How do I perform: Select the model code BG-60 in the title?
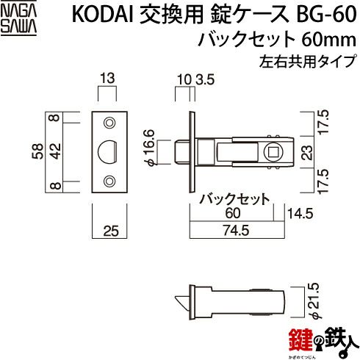326,15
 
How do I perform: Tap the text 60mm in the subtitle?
328,40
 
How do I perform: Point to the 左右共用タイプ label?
307,61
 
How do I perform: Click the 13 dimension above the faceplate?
107,79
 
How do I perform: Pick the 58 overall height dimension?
37,151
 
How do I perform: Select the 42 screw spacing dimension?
55,151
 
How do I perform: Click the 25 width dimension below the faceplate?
111,231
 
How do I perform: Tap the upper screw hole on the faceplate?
109,123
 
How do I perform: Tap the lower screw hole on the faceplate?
109,181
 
